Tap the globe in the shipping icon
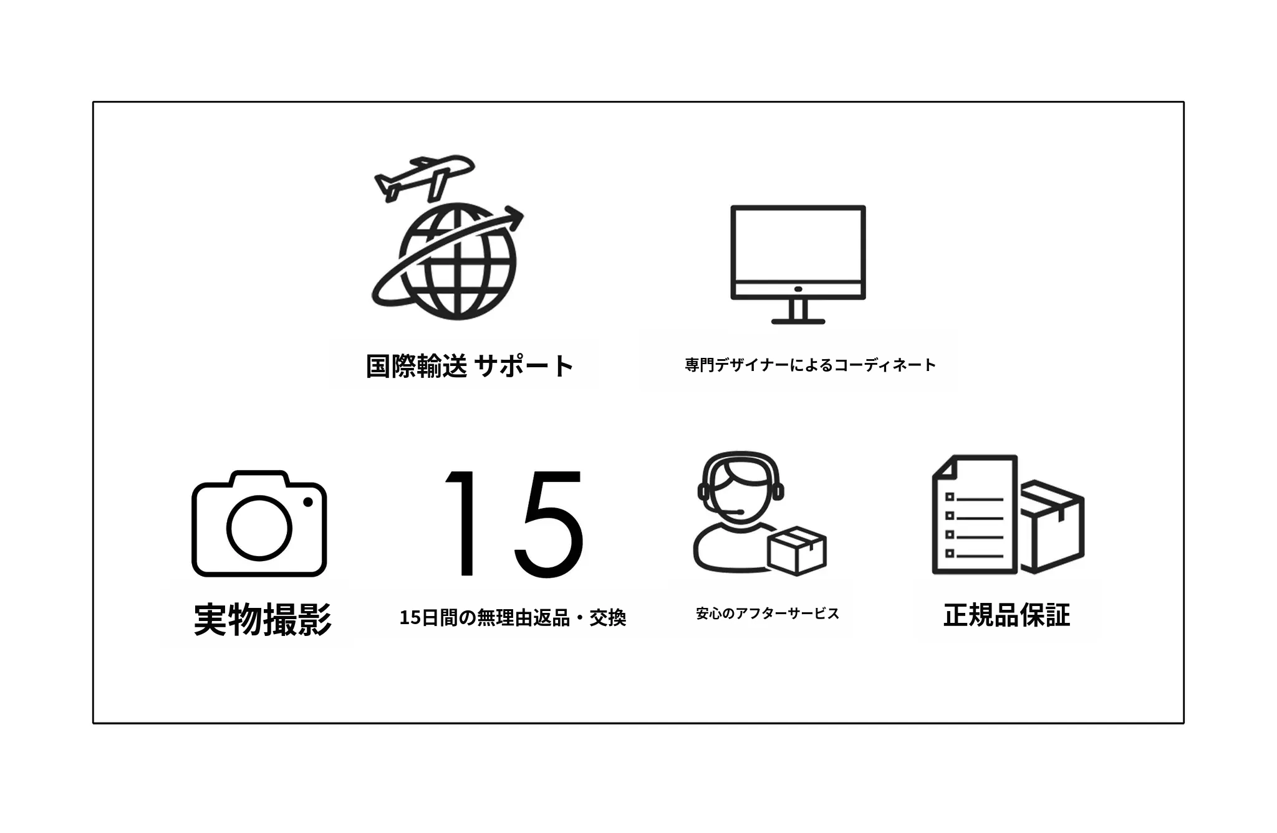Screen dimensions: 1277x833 click(x=458, y=262)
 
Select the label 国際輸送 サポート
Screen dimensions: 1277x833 click(x=469, y=366)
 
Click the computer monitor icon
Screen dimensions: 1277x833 click(x=798, y=264)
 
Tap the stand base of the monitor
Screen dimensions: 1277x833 click(x=798, y=321)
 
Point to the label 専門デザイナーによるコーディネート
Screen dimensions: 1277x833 click(x=811, y=365)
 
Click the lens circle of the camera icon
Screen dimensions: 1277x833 click(x=259, y=527)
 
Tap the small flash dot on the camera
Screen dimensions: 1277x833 click(x=307, y=502)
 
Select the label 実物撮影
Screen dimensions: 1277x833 click(x=263, y=619)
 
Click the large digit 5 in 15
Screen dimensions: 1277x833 click(x=549, y=524)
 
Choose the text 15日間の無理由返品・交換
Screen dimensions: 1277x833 click(x=513, y=618)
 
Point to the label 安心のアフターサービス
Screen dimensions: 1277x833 click(x=768, y=614)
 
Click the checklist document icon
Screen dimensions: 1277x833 click(x=975, y=514)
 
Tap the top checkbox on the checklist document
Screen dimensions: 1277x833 click(x=950, y=497)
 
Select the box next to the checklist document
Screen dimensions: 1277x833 click(x=1051, y=526)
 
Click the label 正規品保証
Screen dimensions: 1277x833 click(x=1007, y=615)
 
